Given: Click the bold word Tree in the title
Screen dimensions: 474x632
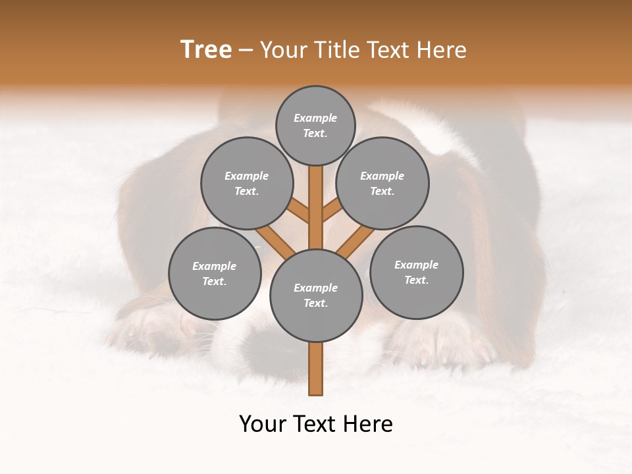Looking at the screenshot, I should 206,49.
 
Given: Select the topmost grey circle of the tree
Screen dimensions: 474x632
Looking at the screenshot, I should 315,125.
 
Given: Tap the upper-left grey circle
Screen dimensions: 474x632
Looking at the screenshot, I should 246,183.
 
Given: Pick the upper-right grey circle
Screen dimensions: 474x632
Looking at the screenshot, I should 382,183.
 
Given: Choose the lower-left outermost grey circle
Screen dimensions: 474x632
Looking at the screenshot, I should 215,273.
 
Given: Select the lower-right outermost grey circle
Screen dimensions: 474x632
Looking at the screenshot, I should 417,272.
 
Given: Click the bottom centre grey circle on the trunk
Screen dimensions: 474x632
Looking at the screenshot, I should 316,296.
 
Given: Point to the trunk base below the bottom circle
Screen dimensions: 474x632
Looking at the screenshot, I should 316,369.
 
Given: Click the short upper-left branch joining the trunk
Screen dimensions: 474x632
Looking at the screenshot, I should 299,211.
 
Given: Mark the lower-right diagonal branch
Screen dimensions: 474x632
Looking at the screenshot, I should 355,242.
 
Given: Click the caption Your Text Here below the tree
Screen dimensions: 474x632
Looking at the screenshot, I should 316,424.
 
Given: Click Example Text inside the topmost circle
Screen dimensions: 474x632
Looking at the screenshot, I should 315,125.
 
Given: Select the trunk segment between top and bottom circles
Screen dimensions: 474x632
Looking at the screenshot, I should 316,207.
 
